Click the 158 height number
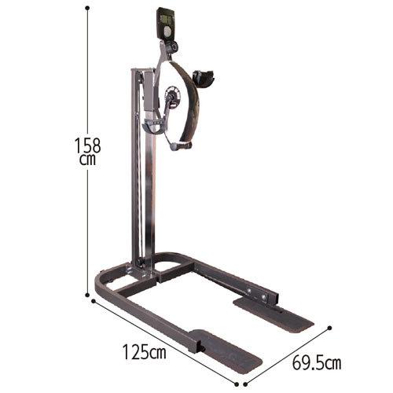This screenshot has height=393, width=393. pos(88,145)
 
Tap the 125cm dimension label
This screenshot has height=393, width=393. pos(145,352)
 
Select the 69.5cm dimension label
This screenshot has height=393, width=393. pos(317,362)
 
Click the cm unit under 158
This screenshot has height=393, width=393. pos(88,160)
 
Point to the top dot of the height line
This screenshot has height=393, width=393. pos(87,8)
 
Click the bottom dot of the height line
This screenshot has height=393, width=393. pos(87,295)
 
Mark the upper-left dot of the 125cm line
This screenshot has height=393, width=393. pos(93,301)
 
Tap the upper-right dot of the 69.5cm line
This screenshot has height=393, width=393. pos(330,328)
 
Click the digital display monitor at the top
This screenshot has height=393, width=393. pos(165,24)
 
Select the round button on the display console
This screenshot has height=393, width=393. pos(167,32)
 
